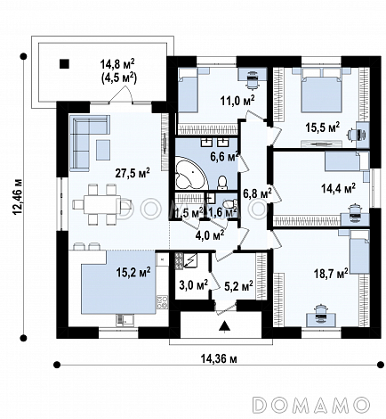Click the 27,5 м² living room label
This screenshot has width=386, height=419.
pyautogui.click(x=133, y=173)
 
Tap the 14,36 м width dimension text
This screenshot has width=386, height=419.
pyautogui.click(x=219, y=359)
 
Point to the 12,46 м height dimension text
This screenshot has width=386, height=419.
pyautogui.click(x=18, y=196)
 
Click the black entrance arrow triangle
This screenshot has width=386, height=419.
pyautogui.click(x=225, y=325)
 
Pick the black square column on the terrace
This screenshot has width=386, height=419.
pyautogui.click(x=64, y=63)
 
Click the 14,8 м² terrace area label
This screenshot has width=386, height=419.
pyautogui.click(x=117, y=63)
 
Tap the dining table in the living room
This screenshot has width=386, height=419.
pyautogui.click(x=102, y=204)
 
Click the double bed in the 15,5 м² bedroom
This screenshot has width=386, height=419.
pyautogui.click(x=320, y=90)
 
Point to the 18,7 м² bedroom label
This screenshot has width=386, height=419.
pyautogui.click(x=331, y=273)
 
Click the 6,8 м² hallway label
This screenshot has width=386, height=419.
pyautogui.click(x=257, y=193)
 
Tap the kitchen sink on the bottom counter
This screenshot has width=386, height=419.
pyautogui.click(x=125, y=320)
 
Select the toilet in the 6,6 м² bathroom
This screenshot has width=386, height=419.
pyautogui.click(x=222, y=182)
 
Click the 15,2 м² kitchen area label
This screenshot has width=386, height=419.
pyautogui.click(x=133, y=272)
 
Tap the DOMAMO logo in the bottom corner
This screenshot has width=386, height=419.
pyautogui.click(x=311, y=404)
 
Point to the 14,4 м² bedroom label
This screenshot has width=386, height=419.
pyautogui.click(x=339, y=188)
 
